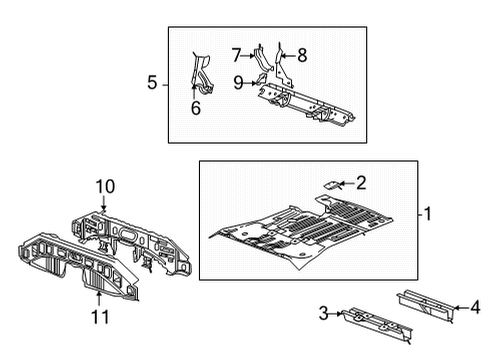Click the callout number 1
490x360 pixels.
pos(428,213)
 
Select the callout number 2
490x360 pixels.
pos(361,182)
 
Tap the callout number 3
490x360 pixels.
pos(323,315)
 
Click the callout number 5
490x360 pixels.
pos(153,84)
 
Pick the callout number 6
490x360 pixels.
pos(196,108)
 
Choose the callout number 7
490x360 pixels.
pos(236,54)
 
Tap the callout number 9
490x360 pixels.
pos(239,82)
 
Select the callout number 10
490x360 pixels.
pos(105,186)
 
